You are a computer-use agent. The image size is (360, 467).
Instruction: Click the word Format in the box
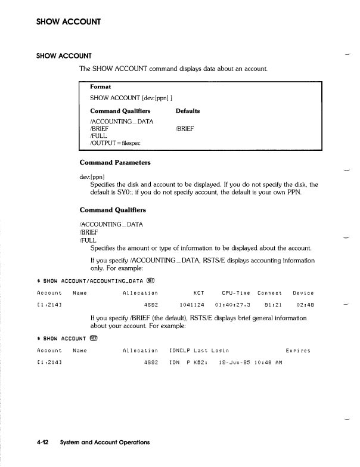[x=101, y=86]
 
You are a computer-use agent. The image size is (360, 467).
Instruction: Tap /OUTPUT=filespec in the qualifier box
[x=115, y=143]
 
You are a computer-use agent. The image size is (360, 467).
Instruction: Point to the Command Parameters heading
[x=115, y=163]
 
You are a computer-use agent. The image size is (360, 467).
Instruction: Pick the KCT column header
[x=199, y=293]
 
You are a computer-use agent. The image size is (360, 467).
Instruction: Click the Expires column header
[x=298, y=351]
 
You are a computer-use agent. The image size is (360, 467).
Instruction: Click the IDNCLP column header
[x=179, y=351]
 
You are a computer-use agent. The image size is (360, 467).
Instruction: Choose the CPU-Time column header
[x=235, y=293]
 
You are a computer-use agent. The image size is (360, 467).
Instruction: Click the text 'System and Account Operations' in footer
[x=104, y=443]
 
